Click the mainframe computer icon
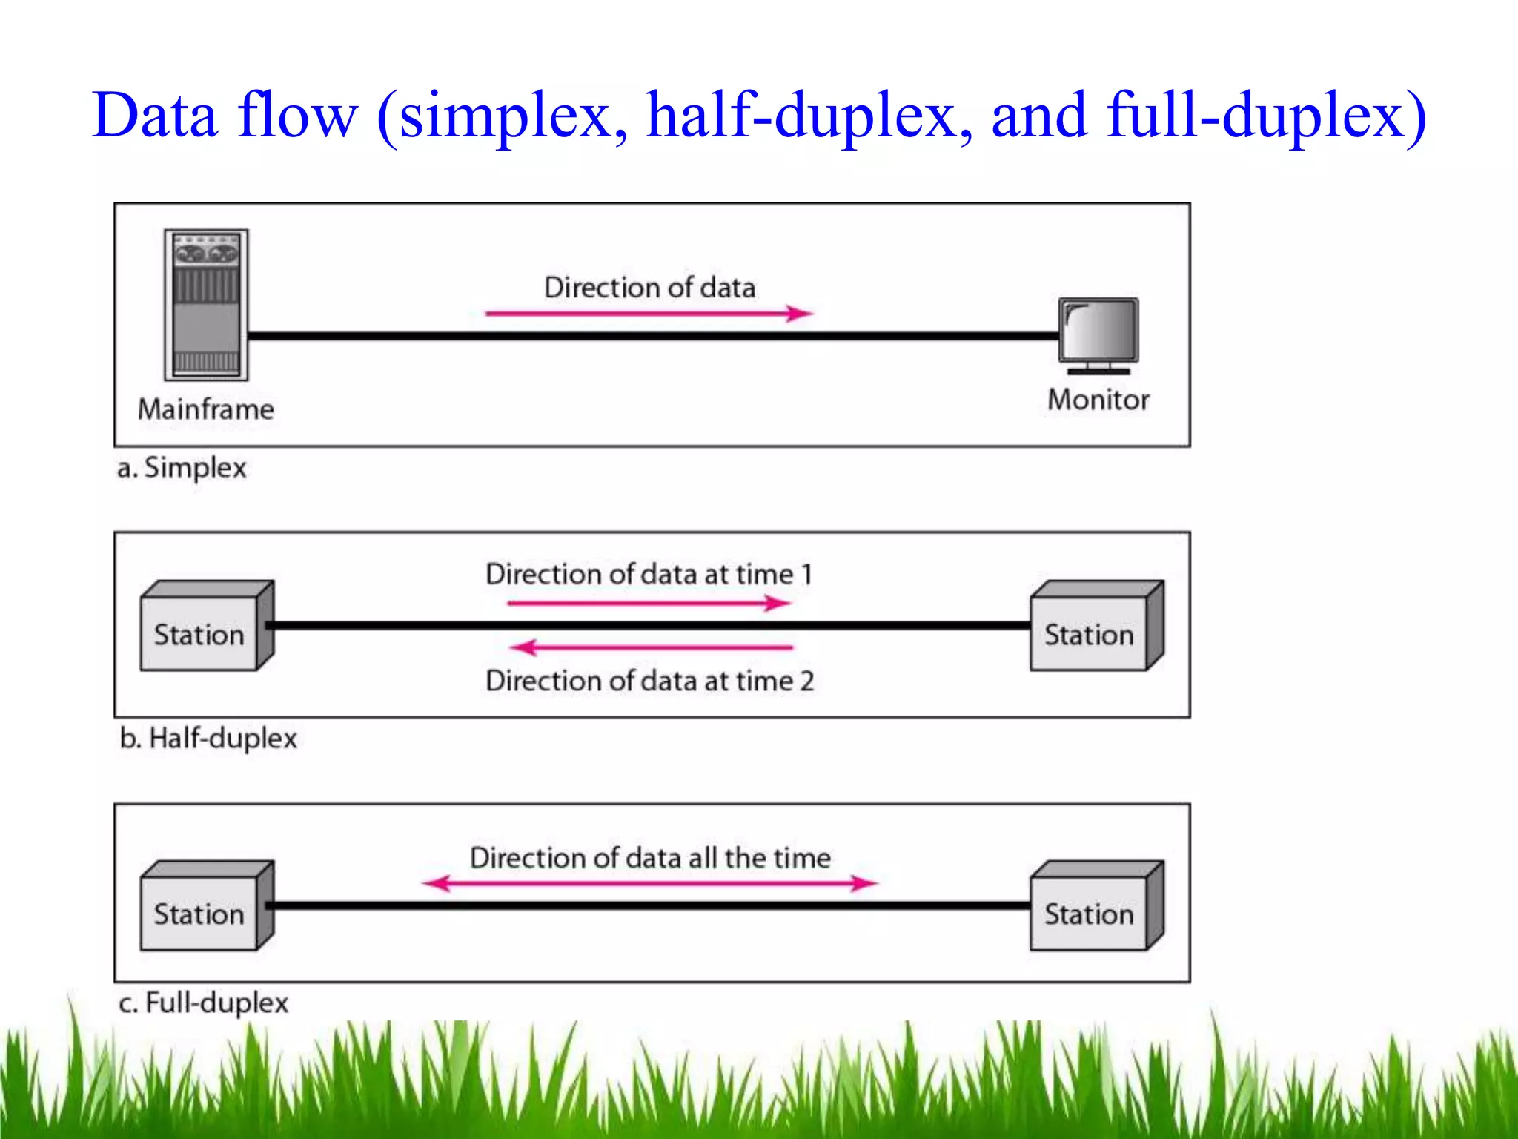206,305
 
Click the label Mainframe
206,409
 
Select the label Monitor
1098,400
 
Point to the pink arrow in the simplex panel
649,314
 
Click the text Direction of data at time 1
649,575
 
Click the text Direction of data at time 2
649,681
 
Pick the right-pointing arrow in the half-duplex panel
649,603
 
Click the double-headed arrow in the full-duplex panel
649,883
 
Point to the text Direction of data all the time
650,858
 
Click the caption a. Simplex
182,468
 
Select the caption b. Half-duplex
208,739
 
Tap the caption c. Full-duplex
203,1003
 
